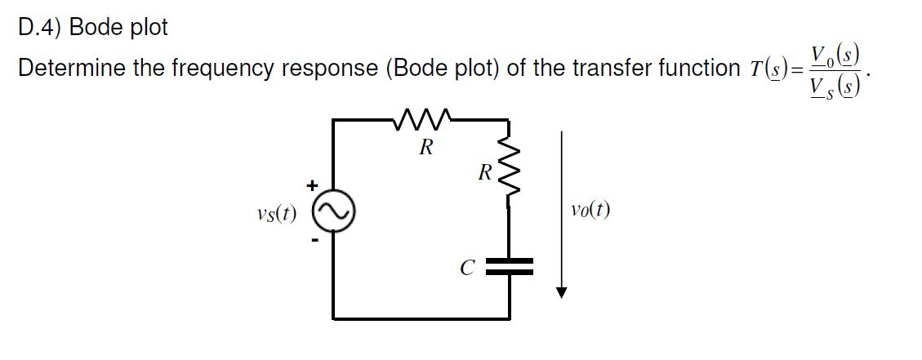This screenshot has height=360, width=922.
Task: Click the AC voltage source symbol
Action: [x=332, y=213]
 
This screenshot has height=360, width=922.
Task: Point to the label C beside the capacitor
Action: [x=466, y=266]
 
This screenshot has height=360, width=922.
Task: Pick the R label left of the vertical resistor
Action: [x=484, y=173]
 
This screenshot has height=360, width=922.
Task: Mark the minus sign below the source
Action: [x=311, y=240]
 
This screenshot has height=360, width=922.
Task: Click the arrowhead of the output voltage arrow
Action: [x=561, y=292]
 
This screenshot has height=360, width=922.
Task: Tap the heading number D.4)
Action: [x=40, y=27]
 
